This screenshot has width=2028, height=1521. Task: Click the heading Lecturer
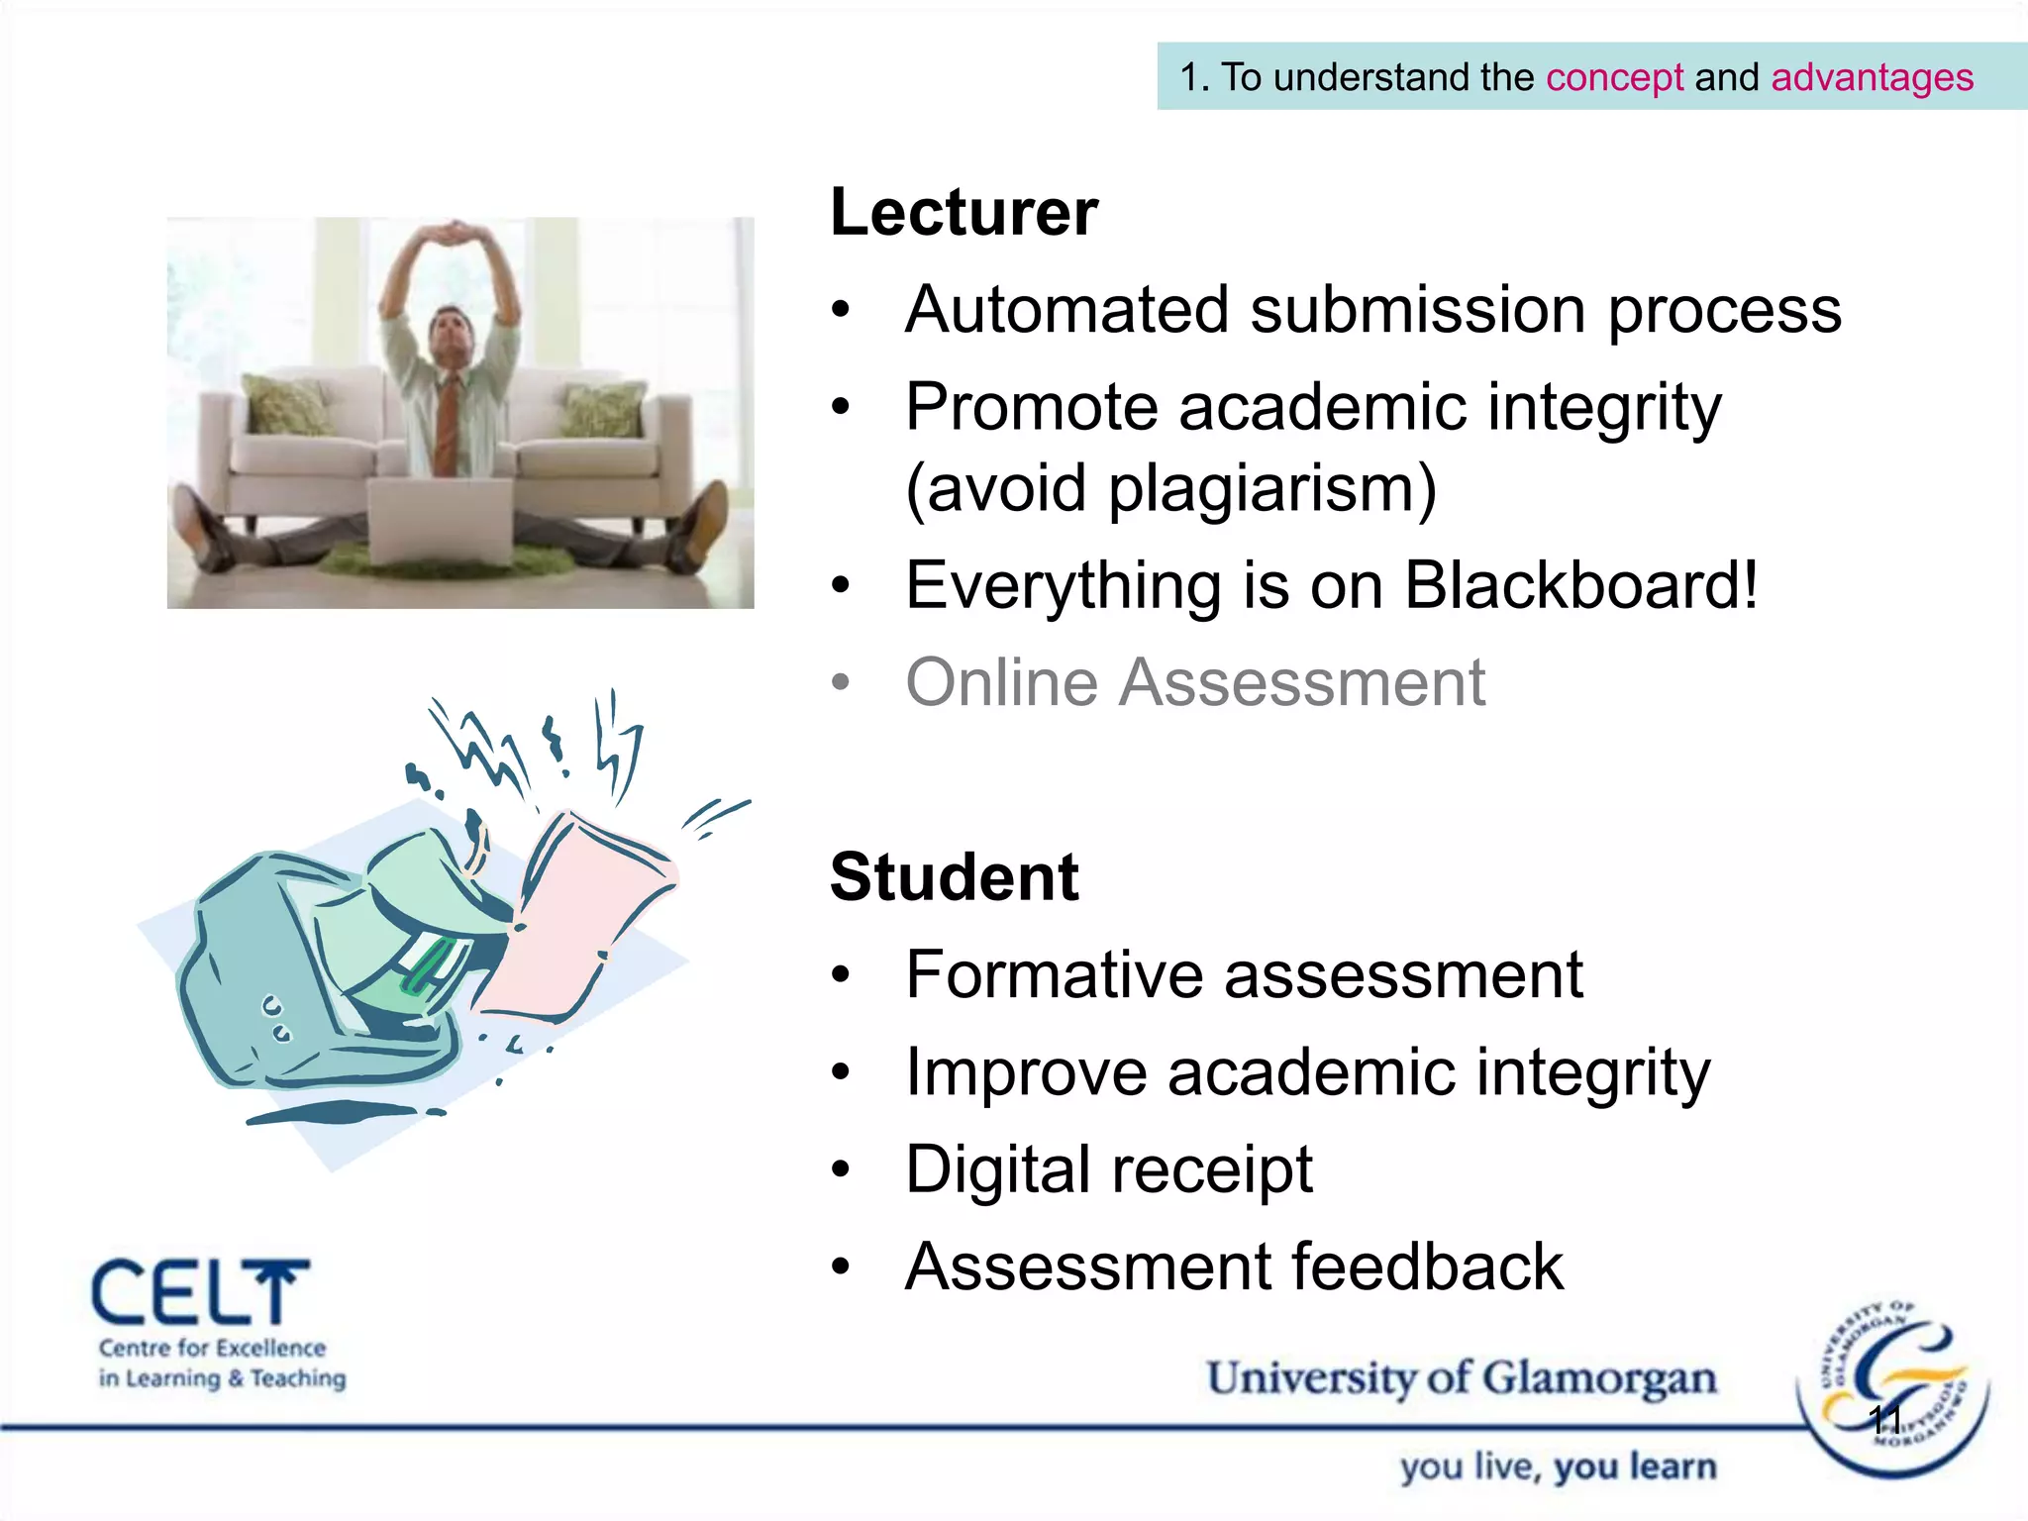(x=963, y=212)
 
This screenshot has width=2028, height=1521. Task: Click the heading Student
(x=954, y=877)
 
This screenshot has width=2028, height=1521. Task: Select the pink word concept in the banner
(x=1614, y=77)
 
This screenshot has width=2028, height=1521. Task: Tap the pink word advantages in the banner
(x=1872, y=77)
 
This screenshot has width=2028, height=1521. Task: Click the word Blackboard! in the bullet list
(x=1581, y=585)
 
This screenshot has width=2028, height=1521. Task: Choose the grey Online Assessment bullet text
(x=1195, y=682)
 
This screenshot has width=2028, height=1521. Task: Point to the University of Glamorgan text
(x=1461, y=1378)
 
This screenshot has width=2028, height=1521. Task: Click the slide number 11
(x=1885, y=1420)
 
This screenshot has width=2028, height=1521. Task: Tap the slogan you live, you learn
(x=1558, y=1467)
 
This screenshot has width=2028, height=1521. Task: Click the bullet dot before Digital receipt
(x=841, y=1170)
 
